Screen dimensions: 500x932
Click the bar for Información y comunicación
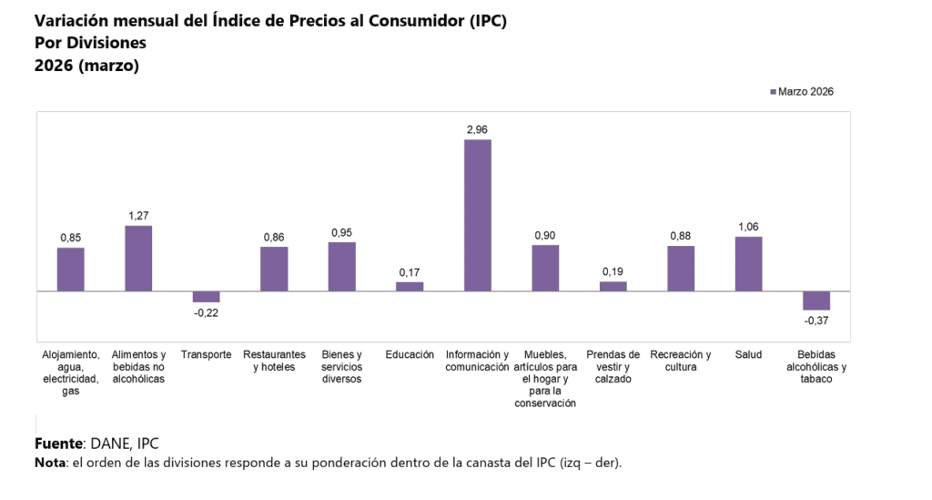(x=478, y=215)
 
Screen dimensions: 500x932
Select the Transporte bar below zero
(x=207, y=297)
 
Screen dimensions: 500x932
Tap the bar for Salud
(x=748, y=264)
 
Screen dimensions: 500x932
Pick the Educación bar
(x=410, y=286)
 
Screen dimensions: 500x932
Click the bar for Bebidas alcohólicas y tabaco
(x=816, y=301)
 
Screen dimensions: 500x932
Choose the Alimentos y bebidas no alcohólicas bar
(x=138, y=259)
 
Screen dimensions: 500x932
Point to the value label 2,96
(x=478, y=130)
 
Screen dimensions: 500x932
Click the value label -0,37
(x=816, y=321)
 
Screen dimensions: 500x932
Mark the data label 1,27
(x=138, y=216)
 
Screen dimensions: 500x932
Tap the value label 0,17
(x=410, y=272)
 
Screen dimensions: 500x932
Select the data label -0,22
(x=207, y=312)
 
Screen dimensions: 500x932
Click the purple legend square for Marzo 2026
(x=773, y=92)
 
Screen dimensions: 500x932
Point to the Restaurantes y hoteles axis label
(x=274, y=361)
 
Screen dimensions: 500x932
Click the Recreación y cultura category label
(x=681, y=361)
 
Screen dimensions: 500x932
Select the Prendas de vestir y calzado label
(x=613, y=367)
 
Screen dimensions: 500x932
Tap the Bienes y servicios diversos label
(x=342, y=367)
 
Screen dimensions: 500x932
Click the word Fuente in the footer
(x=58, y=444)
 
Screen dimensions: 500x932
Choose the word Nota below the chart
(x=50, y=463)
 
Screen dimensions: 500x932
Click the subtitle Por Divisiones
(x=90, y=43)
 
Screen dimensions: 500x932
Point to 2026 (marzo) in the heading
(x=86, y=66)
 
